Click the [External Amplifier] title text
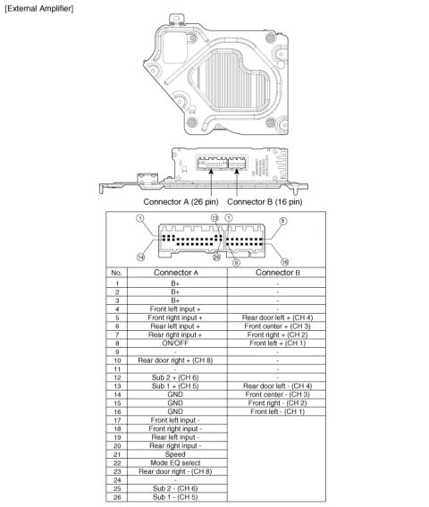39,9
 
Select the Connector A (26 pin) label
181,202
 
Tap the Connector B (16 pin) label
265,202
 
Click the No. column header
116,273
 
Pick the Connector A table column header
176,273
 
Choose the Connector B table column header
278,273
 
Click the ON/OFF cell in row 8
175,343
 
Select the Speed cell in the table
175,454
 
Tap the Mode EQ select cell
175,462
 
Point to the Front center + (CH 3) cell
277,325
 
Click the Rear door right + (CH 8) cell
175,360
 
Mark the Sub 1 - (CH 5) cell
175,497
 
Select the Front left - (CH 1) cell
277,411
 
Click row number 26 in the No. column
117,497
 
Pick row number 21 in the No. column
117,454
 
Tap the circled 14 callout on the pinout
140,257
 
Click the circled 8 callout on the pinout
283,221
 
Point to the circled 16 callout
284,262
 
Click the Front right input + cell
175,317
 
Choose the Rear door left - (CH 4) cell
277,385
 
